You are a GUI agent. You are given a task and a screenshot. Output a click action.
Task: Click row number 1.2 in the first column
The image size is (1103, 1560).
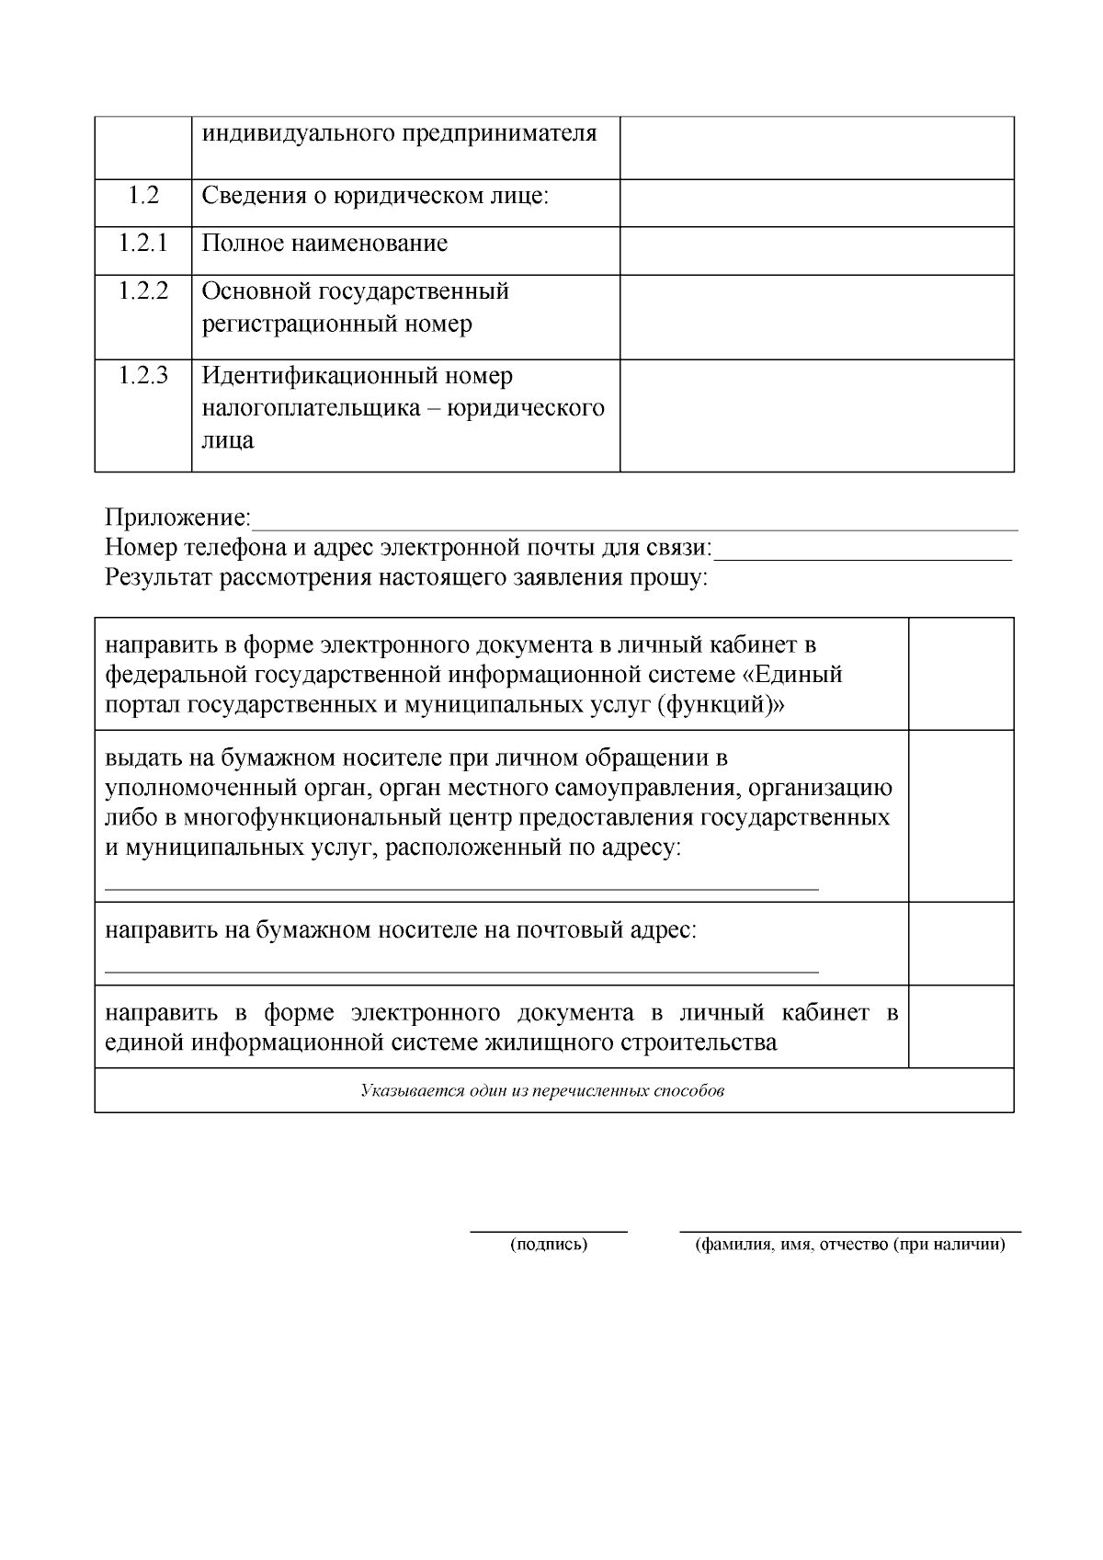tap(142, 196)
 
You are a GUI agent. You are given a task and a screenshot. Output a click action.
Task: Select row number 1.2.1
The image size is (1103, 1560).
tap(142, 244)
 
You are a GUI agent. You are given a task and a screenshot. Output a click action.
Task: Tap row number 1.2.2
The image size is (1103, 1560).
tap(142, 291)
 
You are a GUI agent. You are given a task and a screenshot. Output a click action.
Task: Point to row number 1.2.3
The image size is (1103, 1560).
tap(142, 376)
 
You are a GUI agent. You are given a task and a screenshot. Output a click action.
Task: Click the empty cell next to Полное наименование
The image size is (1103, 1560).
tap(816, 250)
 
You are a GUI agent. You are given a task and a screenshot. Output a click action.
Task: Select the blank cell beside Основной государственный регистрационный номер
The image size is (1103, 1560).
tap(816, 316)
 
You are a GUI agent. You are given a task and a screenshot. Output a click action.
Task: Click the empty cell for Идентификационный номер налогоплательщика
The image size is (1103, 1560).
tap(816, 415)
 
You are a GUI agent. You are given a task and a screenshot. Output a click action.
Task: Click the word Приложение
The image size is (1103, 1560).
tap(177, 518)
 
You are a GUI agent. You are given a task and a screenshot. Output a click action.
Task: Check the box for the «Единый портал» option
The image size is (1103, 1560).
tap(961, 674)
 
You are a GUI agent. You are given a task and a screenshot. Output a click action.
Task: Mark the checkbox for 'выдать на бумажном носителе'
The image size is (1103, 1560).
tap(961, 815)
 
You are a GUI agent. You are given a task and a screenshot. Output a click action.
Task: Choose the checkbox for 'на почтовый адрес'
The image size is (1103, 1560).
tap(961, 943)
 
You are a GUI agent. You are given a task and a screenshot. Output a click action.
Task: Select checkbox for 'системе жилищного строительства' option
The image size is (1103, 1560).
tap(961, 1026)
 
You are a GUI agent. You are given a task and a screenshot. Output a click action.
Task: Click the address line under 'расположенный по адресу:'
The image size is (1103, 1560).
tap(461, 887)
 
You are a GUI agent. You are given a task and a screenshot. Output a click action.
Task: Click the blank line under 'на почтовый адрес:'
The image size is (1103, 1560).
tap(461, 969)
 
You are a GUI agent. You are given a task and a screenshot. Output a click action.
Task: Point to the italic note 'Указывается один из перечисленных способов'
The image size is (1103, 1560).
tap(542, 1091)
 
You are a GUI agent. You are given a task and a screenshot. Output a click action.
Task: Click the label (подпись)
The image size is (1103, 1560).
tap(549, 1246)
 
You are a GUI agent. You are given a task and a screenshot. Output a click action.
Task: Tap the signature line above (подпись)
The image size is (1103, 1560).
tap(549, 1229)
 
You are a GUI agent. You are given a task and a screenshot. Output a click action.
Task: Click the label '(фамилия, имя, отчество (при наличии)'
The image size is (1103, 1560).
tap(849, 1246)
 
